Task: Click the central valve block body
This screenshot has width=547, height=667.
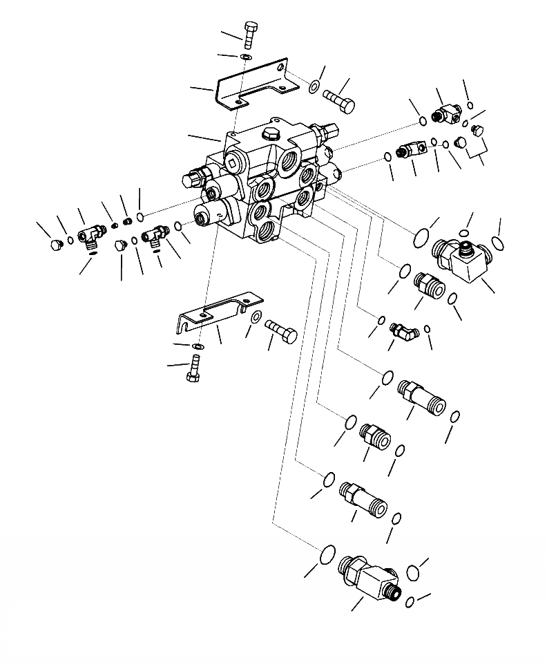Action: tap(266, 183)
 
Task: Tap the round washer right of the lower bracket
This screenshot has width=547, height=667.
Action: tap(256, 317)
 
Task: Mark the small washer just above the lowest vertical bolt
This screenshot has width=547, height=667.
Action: tap(198, 346)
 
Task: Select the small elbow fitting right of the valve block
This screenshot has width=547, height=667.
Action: tap(403, 331)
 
